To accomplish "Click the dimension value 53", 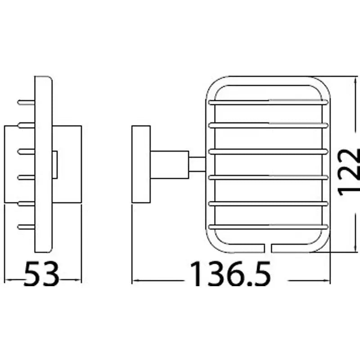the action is point(41,274).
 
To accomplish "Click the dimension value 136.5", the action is point(230,274).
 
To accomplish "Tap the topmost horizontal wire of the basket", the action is point(268,103).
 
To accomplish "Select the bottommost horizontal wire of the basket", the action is point(268,227).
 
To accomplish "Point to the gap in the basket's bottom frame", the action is point(268,248).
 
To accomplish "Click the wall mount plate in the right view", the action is point(141,164).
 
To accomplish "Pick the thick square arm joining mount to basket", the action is point(170,165).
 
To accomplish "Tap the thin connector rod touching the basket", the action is point(197,164).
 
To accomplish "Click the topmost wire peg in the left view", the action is point(26,103).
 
